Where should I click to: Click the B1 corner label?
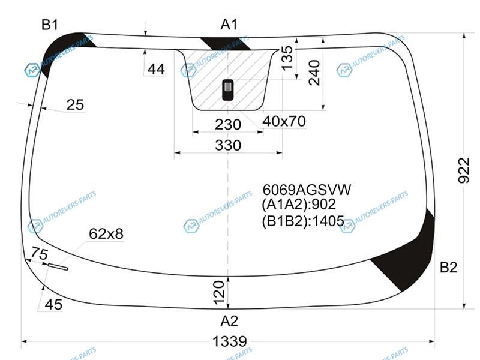[50, 25]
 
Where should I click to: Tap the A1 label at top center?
[229, 24]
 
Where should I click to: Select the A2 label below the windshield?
[229, 321]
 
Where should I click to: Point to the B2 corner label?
[448, 267]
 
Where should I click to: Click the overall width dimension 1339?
[230, 341]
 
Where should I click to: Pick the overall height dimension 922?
[464, 170]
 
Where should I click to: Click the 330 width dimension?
[228, 145]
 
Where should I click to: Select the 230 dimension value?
[228, 125]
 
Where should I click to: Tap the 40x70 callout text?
[284, 121]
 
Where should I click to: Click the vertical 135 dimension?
[287, 58]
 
